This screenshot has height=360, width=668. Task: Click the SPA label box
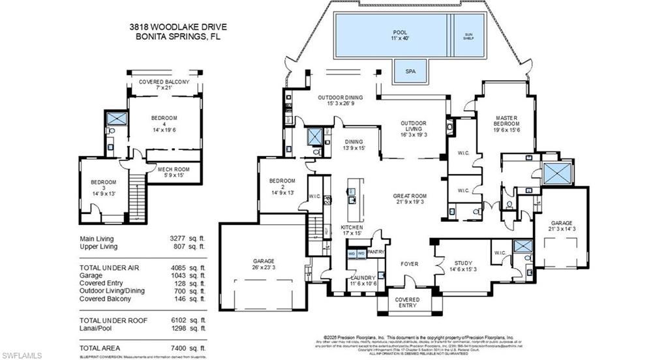(411, 71)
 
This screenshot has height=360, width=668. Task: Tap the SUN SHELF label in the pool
(468, 37)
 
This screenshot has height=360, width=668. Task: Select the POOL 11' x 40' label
(400, 35)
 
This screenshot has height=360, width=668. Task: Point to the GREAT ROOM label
(409, 199)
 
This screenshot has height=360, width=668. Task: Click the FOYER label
(409, 264)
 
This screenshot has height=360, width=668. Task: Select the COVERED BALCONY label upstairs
(164, 85)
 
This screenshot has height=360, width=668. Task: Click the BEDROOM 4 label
(164, 121)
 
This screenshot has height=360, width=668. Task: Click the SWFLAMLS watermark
(22, 354)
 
